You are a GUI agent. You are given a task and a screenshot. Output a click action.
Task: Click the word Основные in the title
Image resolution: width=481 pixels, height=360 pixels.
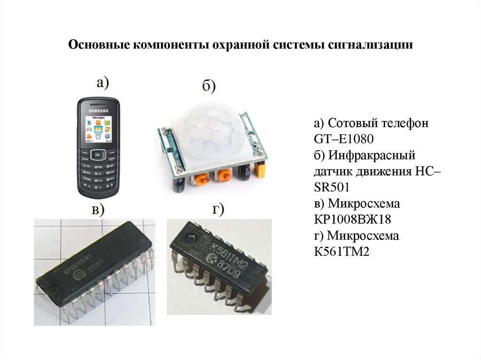97,45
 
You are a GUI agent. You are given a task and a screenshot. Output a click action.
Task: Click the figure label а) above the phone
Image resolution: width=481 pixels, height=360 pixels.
102,84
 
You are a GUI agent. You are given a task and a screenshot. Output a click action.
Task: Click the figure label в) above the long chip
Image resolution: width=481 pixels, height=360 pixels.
97,210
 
